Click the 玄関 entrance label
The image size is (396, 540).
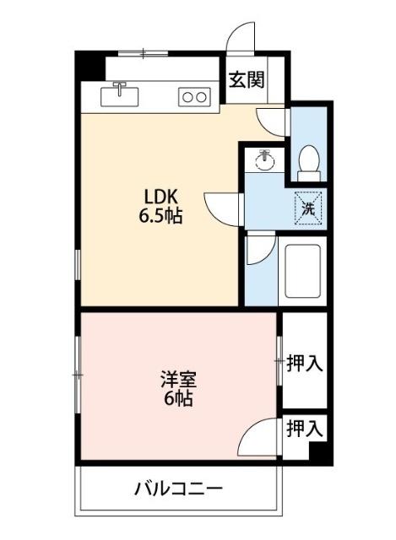246,80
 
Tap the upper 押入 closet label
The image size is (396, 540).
304,364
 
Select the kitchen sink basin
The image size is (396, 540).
120,95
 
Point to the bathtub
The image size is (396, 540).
301,271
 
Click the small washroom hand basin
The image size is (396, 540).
265,159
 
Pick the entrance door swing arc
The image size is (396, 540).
242,38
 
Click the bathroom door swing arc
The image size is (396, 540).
262,250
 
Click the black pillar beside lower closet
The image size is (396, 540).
318,451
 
